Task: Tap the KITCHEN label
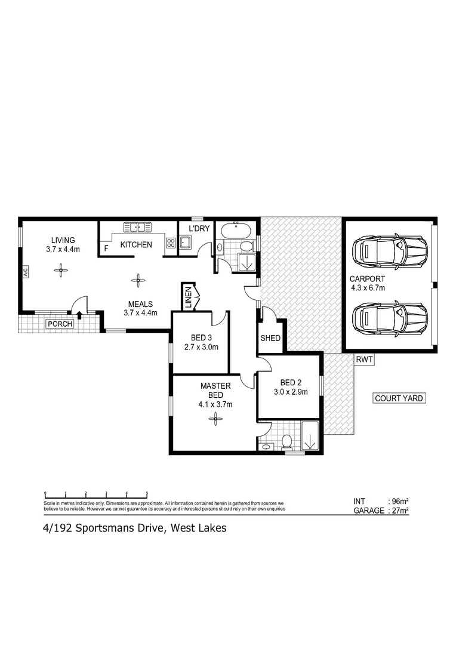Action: point(136,245)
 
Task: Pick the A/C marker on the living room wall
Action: point(26,273)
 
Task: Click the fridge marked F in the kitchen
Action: point(107,247)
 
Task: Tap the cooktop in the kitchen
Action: point(170,243)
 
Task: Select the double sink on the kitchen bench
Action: point(138,227)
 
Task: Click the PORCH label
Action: point(60,324)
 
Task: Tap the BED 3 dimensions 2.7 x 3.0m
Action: point(201,347)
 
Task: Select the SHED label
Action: point(270,338)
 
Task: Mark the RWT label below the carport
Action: point(364,360)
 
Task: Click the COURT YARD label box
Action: point(399,398)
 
